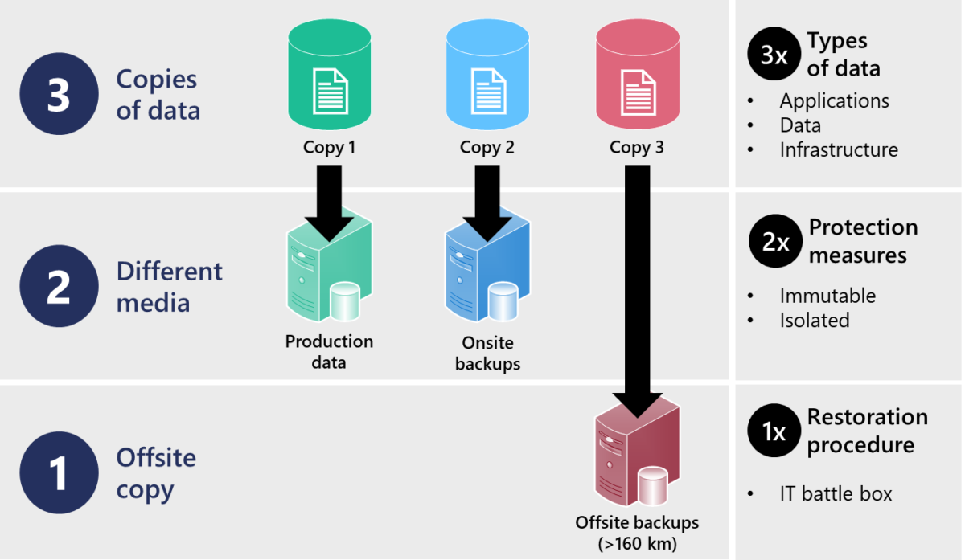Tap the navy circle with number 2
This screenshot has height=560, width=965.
58,287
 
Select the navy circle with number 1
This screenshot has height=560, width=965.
58,474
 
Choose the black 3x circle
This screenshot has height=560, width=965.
774,55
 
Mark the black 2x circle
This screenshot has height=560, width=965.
775,241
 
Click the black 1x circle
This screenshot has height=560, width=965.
774,431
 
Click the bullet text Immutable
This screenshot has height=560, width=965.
827,296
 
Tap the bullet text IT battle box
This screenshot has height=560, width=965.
836,493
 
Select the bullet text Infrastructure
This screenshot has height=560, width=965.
839,149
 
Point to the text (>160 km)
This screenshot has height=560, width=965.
637,542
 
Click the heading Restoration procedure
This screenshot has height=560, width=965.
867,431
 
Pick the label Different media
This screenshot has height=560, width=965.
169,287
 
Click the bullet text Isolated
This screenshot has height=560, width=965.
814,320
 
